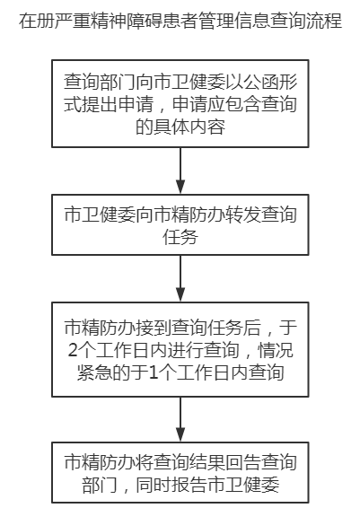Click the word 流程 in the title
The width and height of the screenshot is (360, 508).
coord(324,21)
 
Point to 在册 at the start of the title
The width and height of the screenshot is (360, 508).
coord(36,21)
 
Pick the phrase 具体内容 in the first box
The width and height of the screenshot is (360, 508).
coord(189,127)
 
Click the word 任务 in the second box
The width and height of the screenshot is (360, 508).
coord(180,237)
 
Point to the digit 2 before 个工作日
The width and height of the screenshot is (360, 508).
coord(73,350)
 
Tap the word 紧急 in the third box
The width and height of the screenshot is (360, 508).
coord(95,372)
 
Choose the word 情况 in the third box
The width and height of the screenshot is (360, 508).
coord(275,350)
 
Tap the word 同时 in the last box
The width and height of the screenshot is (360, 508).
coord(154,485)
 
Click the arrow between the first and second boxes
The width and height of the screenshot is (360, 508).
coord(180,171)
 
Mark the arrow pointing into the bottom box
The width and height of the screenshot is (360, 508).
coord(180,419)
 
